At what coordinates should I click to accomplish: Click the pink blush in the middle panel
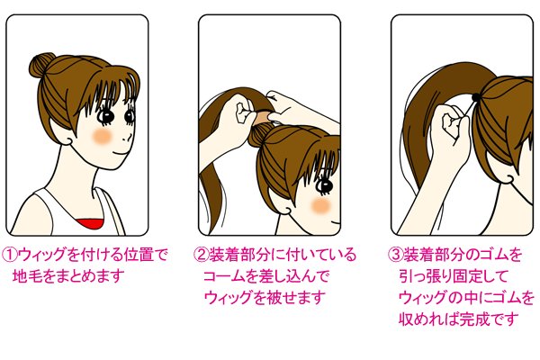318,206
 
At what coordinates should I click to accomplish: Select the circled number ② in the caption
202,256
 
